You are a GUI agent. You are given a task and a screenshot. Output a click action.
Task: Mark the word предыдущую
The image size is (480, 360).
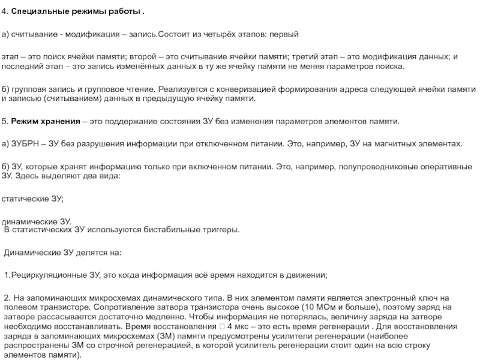[x=179, y=98]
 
